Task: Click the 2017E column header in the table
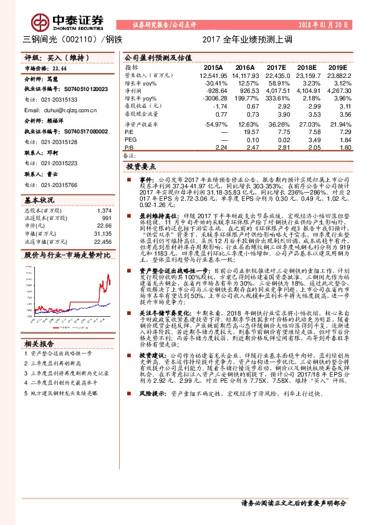(x=276, y=67)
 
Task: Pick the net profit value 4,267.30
(x=337, y=91)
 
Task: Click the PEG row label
(x=130, y=140)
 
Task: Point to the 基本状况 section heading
(x=39, y=200)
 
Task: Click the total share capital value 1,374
(x=104, y=211)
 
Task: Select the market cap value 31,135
(x=102, y=233)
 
